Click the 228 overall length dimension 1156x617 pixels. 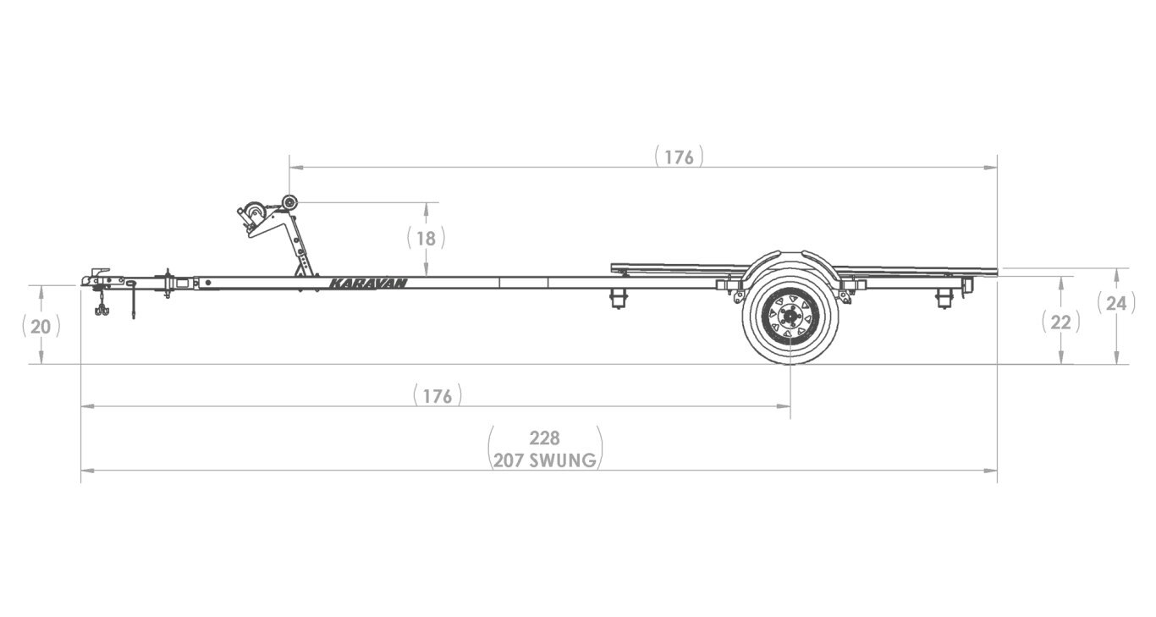point(545,438)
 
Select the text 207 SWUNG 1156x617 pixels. point(545,460)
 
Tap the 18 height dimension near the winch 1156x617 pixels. point(426,238)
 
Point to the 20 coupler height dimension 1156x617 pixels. point(41,326)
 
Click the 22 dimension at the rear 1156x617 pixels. point(1060,322)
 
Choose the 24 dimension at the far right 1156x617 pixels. point(1116,302)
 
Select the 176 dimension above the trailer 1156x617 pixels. point(679,157)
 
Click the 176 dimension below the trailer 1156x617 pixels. point(438,395)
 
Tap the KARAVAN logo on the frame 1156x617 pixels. point(367,284)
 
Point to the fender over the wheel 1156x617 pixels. point(790,260)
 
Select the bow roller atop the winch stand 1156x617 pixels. point(289,202)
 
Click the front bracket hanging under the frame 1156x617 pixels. point(619,298)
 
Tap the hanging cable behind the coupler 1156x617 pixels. point(134,300)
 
